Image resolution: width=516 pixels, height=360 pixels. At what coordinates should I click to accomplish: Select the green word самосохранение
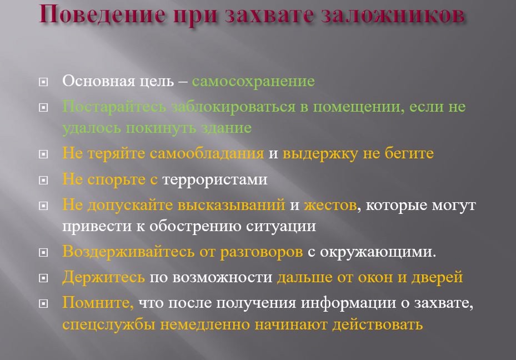[x=253, y=81]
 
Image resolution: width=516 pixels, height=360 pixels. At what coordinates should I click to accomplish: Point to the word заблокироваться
[x=234, y=107]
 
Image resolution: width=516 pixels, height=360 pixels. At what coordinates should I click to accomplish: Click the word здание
[x=227, y=128]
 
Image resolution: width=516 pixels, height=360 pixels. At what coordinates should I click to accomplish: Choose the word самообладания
[x=207, y=154]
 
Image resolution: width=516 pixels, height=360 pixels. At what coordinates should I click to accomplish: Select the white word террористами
[x=215, y=179]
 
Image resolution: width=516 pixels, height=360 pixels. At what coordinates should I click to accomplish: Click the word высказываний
[x=232, y=206]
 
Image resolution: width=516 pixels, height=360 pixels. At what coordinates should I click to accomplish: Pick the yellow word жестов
[x=330, y=206]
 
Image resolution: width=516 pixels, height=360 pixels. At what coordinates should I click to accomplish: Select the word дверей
[x=437, y=278]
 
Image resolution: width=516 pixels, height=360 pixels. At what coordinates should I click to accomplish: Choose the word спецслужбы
[x=109, y=325]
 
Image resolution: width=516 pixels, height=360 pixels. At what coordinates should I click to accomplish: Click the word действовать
[x=378, y=325]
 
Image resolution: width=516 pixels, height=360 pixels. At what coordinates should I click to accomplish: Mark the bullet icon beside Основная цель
[x=43, y=82]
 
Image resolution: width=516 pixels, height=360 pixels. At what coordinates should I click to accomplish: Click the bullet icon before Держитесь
[x=43, y=278]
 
